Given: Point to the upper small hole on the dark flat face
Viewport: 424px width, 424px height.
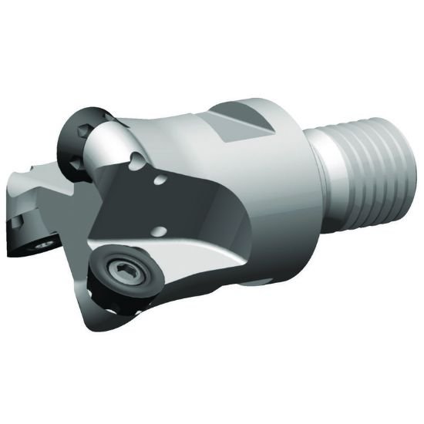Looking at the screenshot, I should click(x=160, y=181).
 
